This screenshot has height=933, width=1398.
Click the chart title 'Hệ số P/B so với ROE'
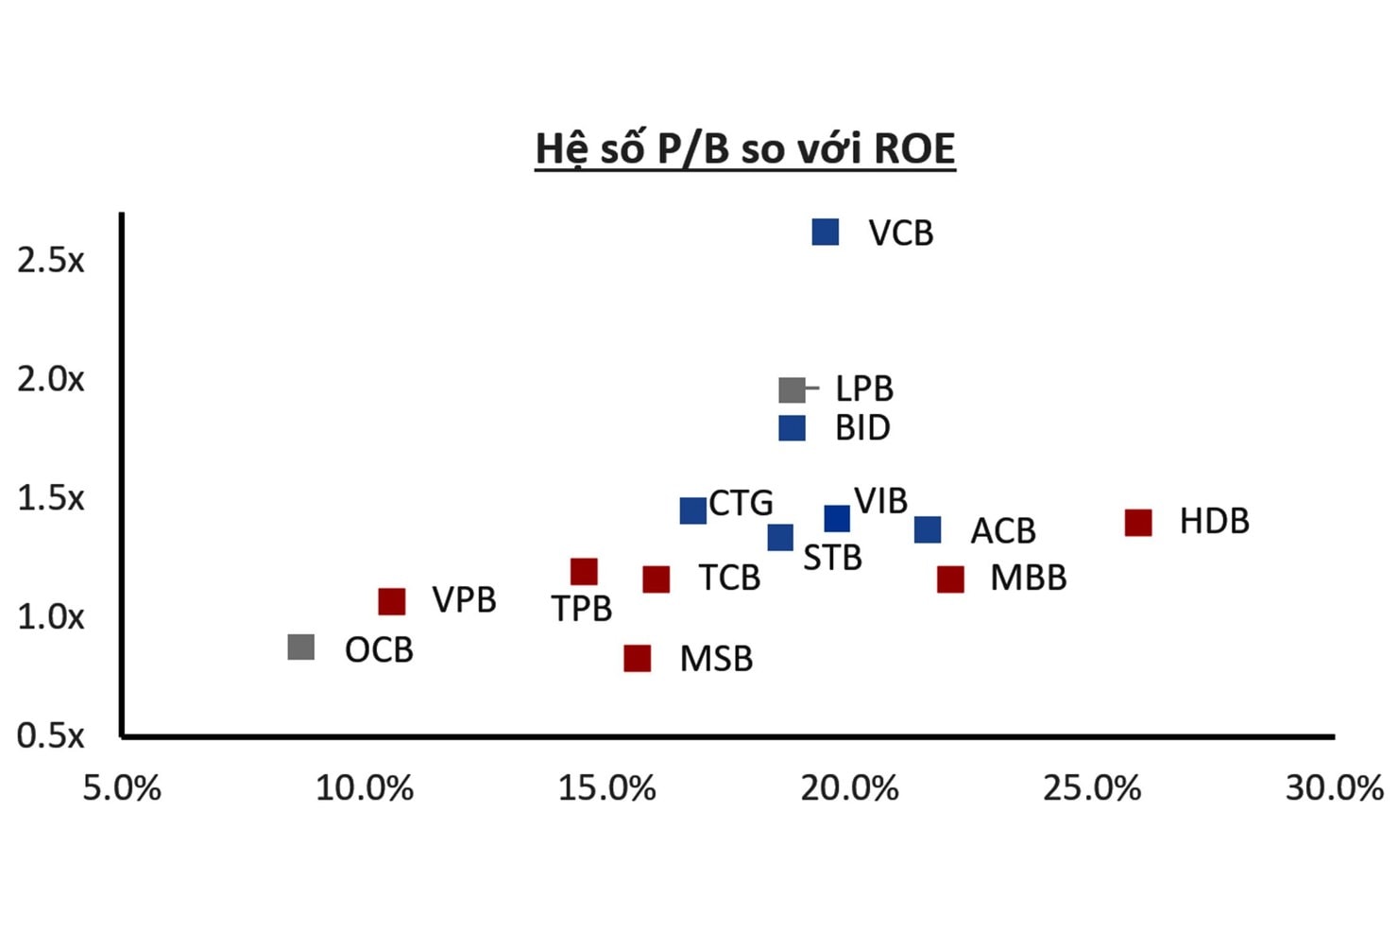tap(745, 149)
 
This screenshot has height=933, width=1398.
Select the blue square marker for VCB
tap(826, 232)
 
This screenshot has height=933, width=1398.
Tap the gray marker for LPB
tap(792, 389)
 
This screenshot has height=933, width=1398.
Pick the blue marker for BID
tap(792, 428)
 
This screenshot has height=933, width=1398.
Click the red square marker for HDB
tap(1138, 522)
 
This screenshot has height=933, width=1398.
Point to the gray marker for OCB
tap(301, 648)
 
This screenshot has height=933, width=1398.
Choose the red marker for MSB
tap(638, 658)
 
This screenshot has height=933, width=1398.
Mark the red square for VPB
tap(392, 600)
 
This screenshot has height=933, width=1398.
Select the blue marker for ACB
tap(928, 529)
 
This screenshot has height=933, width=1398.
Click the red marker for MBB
tap(950, 579)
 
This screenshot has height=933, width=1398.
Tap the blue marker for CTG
tap(693, 510)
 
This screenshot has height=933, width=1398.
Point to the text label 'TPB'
tap(582, 609)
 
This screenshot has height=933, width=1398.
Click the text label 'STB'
tap(832, 559)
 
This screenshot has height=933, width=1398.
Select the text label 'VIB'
tap(880, 501)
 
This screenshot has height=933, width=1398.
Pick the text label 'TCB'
tap(729, 578)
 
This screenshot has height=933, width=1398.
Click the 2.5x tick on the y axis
tap(51, 260)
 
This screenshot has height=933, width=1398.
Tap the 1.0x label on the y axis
tap(51, 617)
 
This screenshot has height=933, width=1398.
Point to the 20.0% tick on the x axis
tap(849, 787)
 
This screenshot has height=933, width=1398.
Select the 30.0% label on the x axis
tap(1334, 787)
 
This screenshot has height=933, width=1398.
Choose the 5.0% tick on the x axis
tap(122, 787)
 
